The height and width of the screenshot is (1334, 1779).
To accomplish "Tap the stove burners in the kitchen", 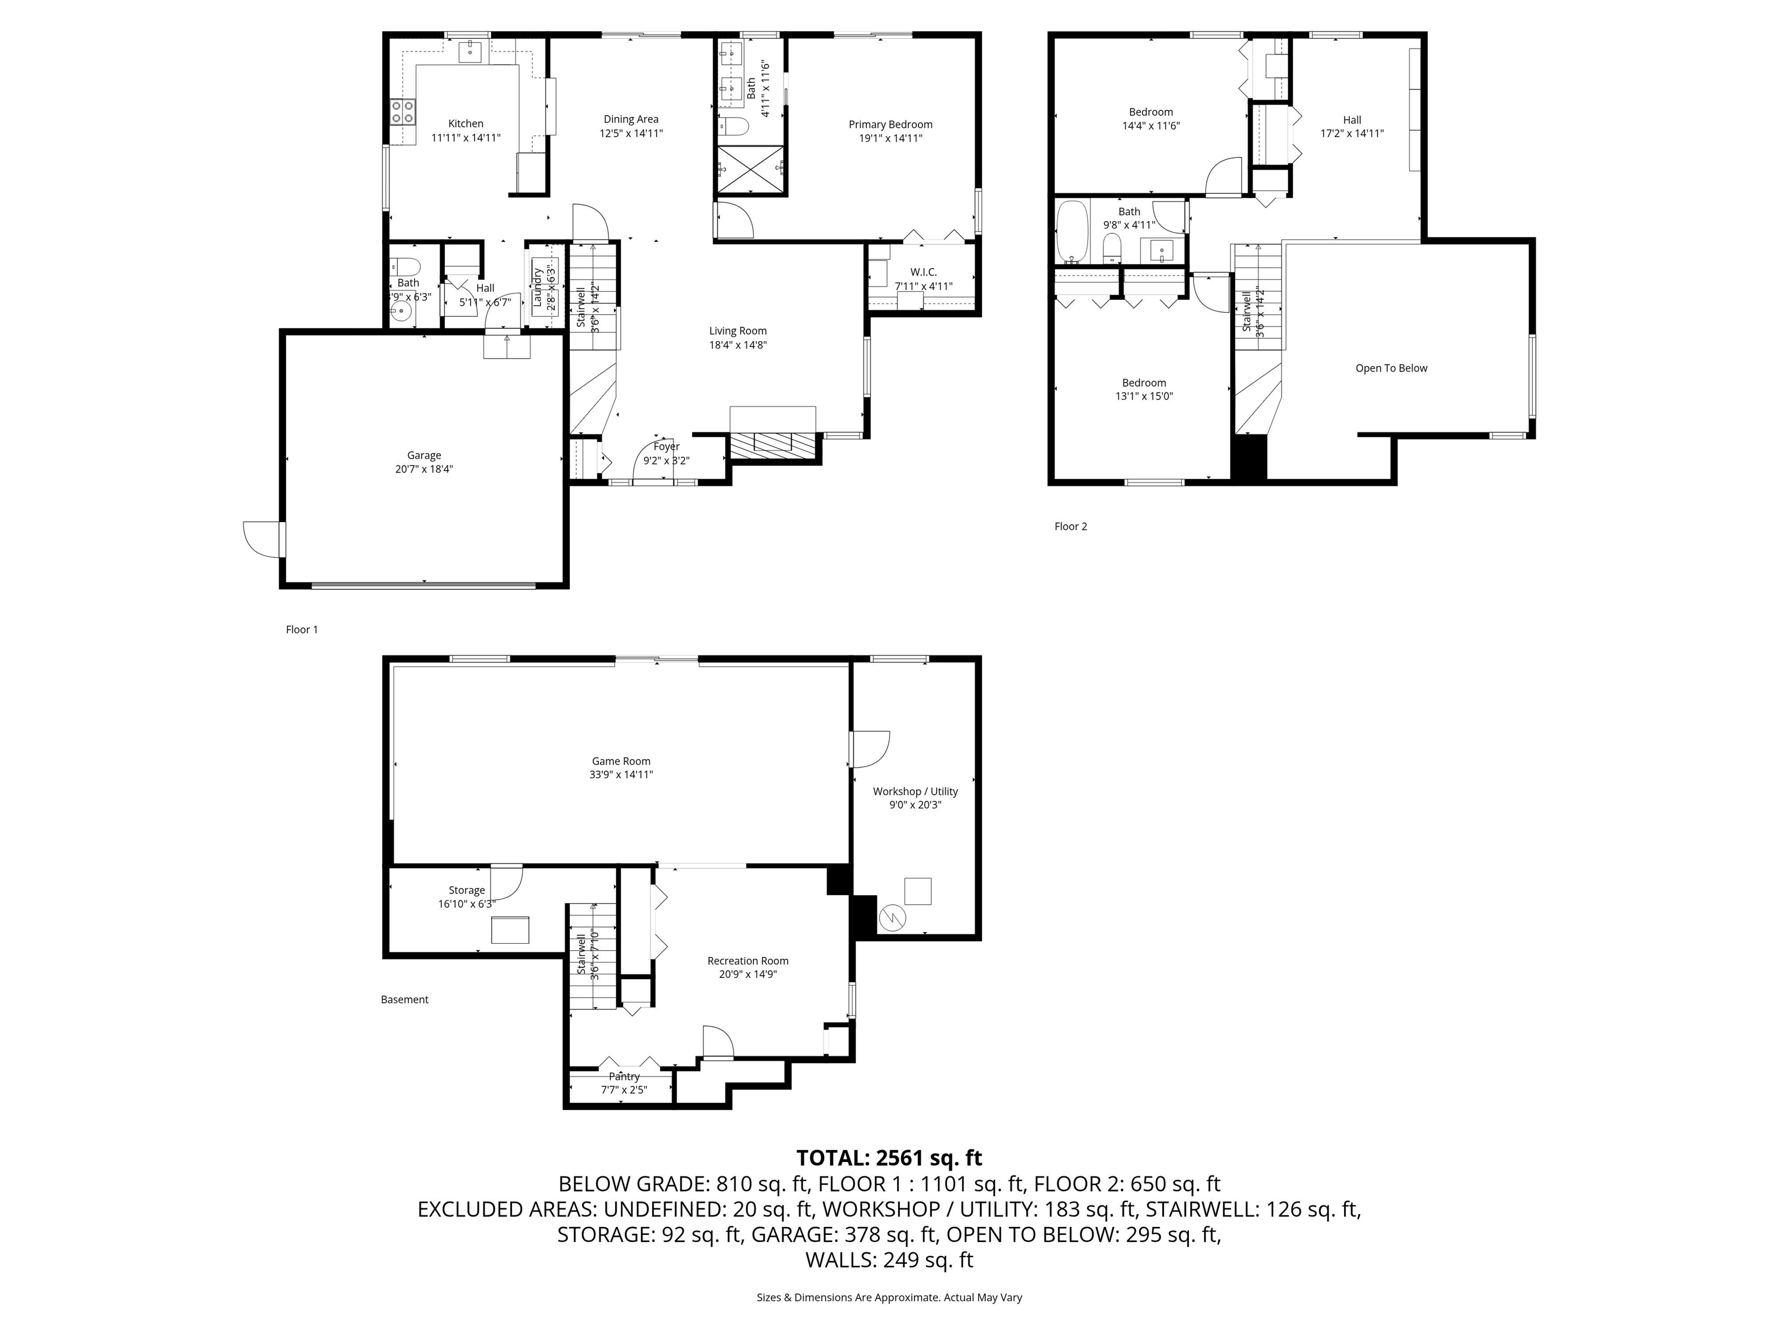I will pos(403,112).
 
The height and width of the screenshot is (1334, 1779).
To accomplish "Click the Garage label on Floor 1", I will pos(424,455).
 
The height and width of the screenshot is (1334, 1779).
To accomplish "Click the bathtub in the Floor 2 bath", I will pos(1072,232).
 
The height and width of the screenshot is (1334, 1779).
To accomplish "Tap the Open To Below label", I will pos(1390,368).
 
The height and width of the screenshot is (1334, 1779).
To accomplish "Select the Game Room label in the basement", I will pos(621,761).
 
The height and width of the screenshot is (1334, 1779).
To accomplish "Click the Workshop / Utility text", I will pos(915,791).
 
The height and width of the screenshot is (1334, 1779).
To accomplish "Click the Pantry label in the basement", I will pos(624,1076).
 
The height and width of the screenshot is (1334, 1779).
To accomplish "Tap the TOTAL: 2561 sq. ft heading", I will pos(889,1158).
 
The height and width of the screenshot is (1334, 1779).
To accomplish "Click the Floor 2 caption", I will pos(1070,527).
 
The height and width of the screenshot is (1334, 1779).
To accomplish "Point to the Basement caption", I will pos(405,999).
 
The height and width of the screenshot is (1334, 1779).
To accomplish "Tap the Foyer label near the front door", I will pos(666,447).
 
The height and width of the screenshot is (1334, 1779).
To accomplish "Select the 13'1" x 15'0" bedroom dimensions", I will pos(1144,397).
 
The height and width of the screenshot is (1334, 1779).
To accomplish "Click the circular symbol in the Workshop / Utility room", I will pos(893,918).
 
